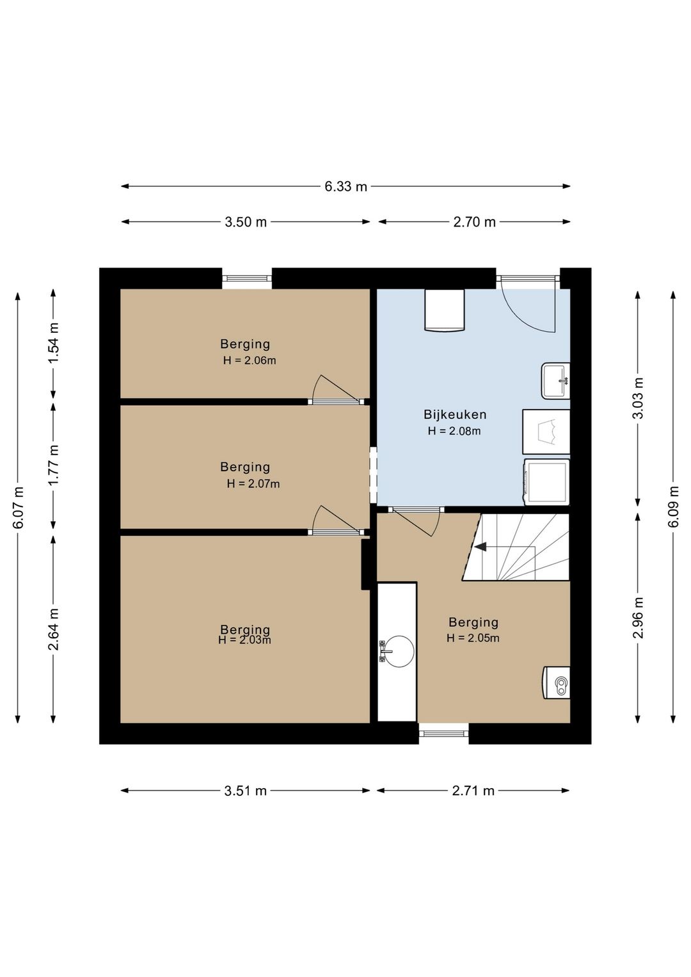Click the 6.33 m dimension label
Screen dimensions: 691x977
coord(345,187)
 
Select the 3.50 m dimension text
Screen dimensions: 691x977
coord(246,222)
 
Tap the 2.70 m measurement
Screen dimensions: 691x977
coord(474,222)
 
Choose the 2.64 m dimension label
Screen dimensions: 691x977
coord(53,629)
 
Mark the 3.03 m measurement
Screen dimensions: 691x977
coord(638,398)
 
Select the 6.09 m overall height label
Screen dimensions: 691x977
coord(674,506)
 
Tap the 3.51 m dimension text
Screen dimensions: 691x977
coord(246,791)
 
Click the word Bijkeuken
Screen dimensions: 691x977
coord(455,414)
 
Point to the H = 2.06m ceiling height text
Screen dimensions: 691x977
coord(250,360)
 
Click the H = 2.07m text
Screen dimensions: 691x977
coord(253,484)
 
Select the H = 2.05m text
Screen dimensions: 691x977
coord(473,638)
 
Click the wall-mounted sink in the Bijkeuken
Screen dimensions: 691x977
coord(555,380)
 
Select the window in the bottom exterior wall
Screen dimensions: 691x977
coord(444,733)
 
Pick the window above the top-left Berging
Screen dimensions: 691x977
coord(247,279)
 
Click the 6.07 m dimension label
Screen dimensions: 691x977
coord(18,507)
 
